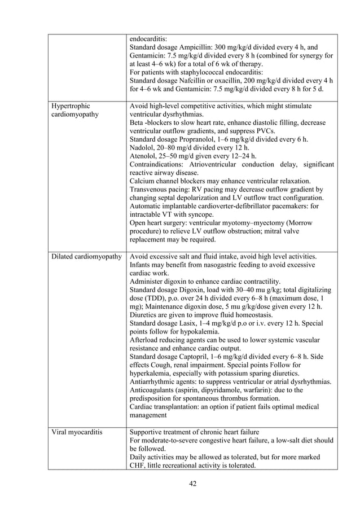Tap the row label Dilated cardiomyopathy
point(86,257)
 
